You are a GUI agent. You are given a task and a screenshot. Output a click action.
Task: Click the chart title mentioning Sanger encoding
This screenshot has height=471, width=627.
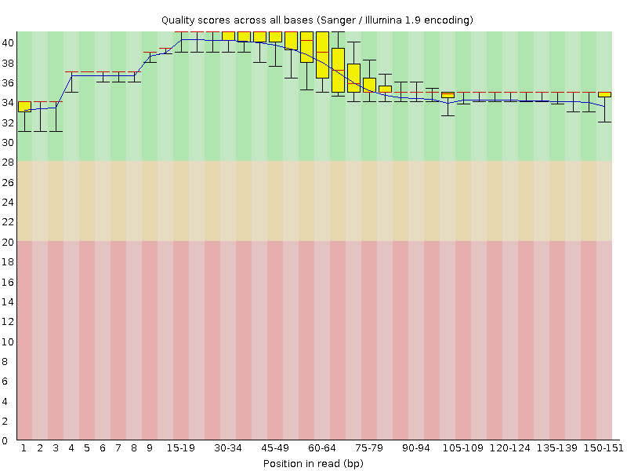317,19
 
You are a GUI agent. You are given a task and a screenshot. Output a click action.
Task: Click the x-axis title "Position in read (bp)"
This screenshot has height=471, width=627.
313,463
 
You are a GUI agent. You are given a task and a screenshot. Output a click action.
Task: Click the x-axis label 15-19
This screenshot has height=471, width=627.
181,447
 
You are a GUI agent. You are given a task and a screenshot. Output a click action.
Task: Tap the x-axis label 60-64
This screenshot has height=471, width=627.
322,447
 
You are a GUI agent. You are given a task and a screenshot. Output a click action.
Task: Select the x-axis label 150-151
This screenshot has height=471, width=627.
604,447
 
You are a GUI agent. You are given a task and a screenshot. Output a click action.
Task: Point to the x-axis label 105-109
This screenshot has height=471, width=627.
463,447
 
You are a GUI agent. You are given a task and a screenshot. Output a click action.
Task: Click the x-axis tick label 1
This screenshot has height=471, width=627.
24,447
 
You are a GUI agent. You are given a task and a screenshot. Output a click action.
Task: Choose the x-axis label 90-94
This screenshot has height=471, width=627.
416,447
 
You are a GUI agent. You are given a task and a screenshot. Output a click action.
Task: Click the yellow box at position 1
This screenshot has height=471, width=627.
24,107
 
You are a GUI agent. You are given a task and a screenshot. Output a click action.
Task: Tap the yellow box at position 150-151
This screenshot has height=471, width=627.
604,94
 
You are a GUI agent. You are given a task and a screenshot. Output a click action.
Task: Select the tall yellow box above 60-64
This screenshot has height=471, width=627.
322,55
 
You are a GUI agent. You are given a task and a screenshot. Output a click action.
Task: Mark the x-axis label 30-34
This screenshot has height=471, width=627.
228,447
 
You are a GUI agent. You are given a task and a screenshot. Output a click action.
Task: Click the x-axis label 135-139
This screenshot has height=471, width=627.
557,447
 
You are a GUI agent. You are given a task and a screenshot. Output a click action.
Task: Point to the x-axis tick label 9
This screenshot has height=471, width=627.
150,447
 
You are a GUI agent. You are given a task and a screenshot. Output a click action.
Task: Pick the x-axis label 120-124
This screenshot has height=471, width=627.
510,447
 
